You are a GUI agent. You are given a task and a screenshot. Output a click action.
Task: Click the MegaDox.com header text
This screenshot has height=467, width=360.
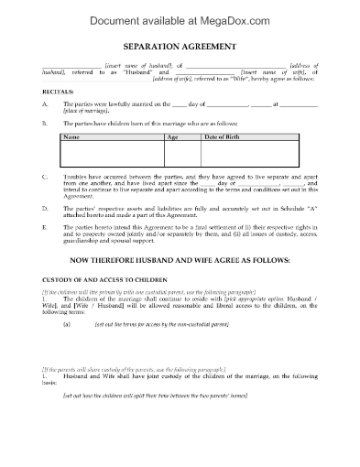180,16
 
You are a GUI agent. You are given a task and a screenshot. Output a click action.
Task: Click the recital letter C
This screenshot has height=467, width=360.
45,174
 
